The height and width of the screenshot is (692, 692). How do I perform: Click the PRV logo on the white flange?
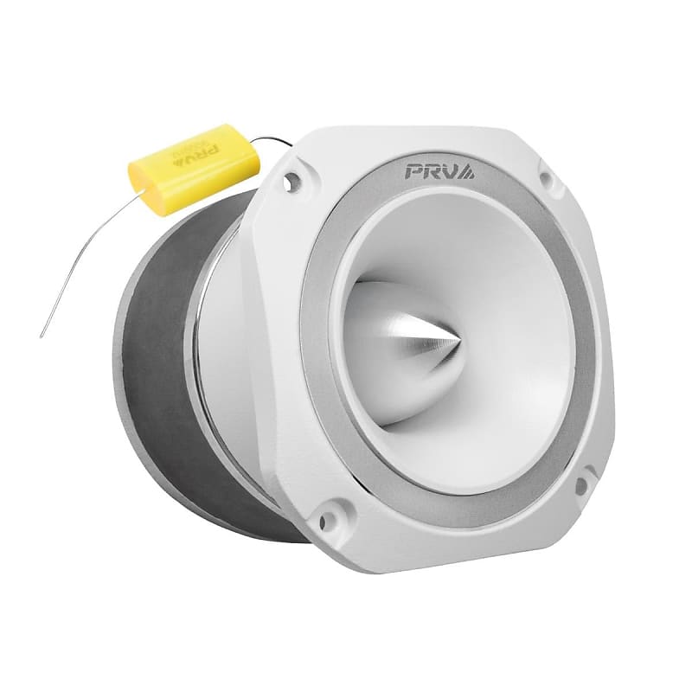pos(437,170)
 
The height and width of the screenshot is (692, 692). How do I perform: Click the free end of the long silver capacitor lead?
pos(42,336)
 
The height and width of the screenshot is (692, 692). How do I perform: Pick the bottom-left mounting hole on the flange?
pos(327,520)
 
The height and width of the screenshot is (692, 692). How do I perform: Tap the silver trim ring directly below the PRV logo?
pos(437,193)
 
